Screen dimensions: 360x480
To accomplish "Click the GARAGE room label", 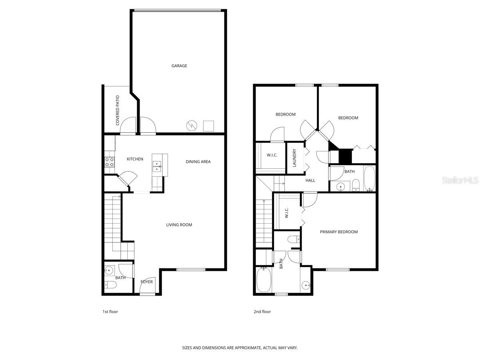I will coord(179,66).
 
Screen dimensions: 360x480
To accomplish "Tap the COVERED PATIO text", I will coord(118,110).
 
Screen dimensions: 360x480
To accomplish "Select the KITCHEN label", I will coord(135,159).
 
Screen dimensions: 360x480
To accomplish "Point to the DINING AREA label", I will coord(198,162).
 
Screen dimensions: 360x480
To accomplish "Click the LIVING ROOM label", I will coord(179,225).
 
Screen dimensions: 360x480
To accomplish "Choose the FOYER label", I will coord(146,282).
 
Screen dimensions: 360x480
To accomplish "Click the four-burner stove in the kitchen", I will coord(109,162).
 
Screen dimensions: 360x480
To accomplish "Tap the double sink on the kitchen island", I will coord(157,166).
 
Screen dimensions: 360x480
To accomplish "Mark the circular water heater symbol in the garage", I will coord(191,126).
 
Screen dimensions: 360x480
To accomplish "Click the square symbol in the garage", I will coord(208,126).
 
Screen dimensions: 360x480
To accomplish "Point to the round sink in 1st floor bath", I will coord(108,270).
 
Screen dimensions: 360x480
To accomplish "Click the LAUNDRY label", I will coord(294,158).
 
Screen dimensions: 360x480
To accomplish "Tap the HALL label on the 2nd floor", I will coord(310,180).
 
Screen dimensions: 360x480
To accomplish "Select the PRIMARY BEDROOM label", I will coord(339,232).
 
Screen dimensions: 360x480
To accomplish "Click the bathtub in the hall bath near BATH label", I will coord(369,178).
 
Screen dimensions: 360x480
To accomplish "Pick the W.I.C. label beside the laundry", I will coord(272,155).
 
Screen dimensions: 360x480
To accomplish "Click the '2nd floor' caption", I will coord(262,312).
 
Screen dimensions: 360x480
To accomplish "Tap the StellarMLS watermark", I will coord(460,180).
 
